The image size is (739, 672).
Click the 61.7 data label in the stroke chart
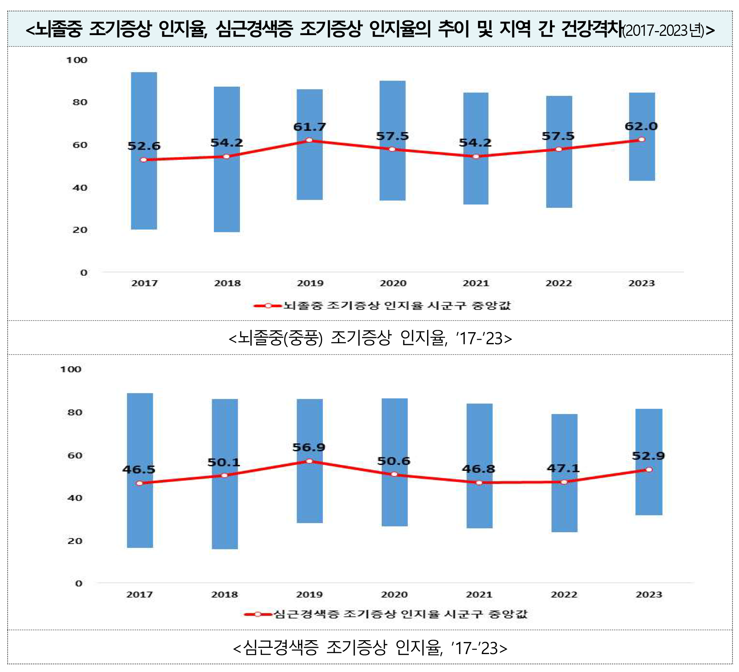309,127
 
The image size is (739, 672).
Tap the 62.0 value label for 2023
641,126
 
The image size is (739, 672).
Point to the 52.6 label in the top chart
144,146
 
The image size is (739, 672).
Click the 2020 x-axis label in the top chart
393,283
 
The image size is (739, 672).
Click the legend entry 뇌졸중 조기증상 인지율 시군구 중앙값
397,305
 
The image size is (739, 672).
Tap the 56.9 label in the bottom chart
309,447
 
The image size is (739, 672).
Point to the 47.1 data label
563,468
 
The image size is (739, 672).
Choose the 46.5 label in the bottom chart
139,469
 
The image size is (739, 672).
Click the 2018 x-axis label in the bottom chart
225,594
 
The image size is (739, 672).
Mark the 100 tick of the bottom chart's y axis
70,369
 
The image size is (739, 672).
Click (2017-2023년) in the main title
663,30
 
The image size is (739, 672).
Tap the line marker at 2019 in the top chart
309,140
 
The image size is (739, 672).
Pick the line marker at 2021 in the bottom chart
479,483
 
